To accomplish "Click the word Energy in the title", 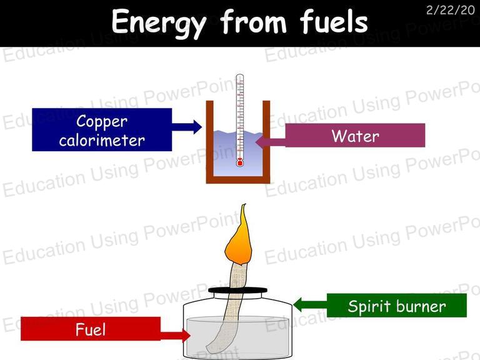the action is tap(159, 22).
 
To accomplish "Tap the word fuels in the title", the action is tap(334, 21).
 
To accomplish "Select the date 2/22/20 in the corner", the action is tap(450, 10).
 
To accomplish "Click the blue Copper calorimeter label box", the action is tap(102, 129).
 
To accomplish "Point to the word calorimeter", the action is tap(102, 141).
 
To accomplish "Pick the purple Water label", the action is tap(355, 135).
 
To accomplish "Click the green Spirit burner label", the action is tap(397, 306).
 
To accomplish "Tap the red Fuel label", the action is tap(91, 329).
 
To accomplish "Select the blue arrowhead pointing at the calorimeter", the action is tap(197, 127).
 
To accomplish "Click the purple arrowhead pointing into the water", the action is tap(260, 142).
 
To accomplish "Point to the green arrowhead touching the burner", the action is tap(297, 304).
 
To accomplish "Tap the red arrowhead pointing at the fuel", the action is tap(186, 336).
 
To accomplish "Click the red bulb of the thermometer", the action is tap(240, 162).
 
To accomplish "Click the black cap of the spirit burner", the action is tap(237, 290).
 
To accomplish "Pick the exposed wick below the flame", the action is tap(239, 275).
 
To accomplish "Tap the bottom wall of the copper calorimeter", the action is tap(238, 180).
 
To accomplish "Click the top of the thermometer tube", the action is tap(240, 76).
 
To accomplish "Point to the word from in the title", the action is tap(253, 21).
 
